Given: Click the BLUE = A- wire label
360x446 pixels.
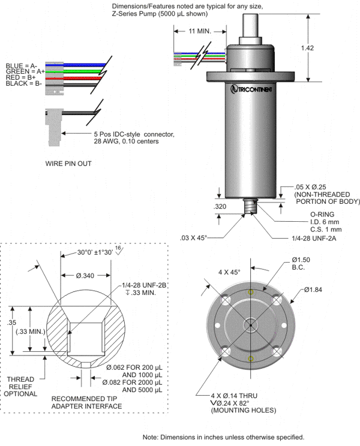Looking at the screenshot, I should pos(22,65).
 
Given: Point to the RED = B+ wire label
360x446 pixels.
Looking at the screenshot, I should pos(22,77).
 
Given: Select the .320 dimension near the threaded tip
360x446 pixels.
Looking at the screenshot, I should pos(220,207).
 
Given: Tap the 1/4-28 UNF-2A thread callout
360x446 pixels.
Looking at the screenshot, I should pos(313,238).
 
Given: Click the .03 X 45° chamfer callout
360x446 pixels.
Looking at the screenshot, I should pos(193,238).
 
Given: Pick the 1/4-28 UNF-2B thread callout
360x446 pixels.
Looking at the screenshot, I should pos(145,285).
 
